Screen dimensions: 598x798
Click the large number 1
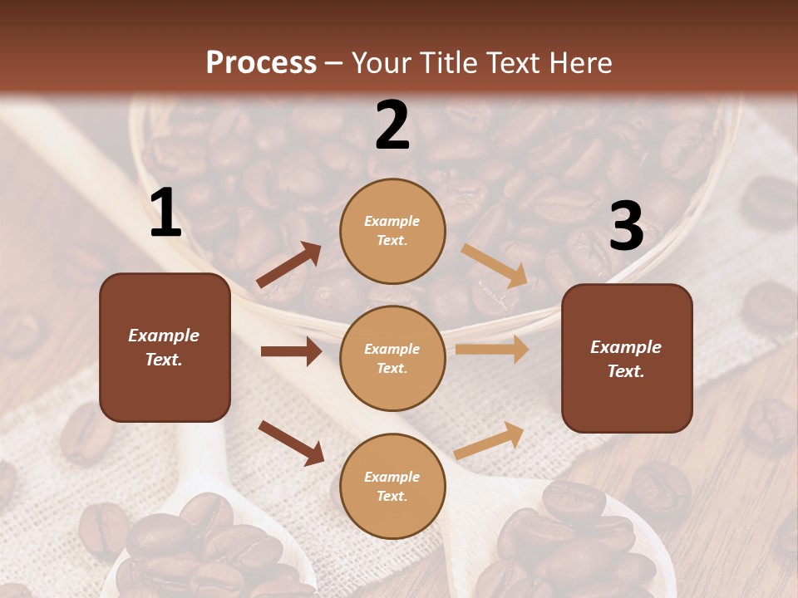click(x=165, y=213)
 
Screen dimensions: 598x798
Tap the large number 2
click(x=392, y=125)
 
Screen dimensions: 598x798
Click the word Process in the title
click(x=261, y=62)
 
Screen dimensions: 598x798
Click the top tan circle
click(x=392, y=231)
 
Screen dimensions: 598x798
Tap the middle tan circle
click(x=392, y=359)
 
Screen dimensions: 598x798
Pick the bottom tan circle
click(x=392, y=487)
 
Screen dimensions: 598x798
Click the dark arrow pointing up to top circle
click(x=289, y=265)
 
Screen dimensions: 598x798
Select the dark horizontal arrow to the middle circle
click(x=291, y=351)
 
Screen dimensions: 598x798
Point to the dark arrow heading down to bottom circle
click(x=291, y=443)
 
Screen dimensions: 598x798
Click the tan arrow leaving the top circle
click(x=495, y=265)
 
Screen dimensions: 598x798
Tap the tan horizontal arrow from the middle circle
click(x=492, y=350)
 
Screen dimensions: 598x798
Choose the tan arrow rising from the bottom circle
click(x=490, y=440)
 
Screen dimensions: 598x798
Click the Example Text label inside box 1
click(x=165, y=347)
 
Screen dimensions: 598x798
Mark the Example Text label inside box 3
click(x=626, y=359)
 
